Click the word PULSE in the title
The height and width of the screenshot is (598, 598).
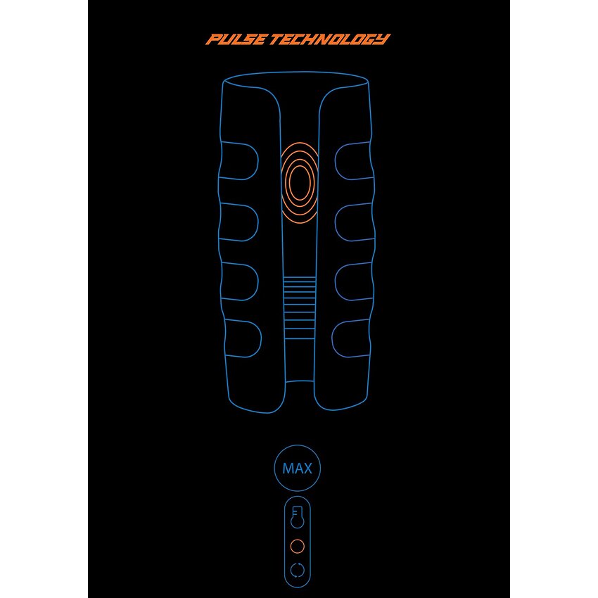[x=236, y=39]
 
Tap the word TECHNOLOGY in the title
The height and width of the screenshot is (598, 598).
[x=330, y=39]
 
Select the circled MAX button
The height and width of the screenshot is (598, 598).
[x=298, y=468]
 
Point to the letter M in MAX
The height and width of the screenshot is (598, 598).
[x=288, y=469]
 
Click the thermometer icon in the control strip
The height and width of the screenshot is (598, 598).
[x=297, y=517]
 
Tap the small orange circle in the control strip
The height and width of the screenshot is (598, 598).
[x=298, y=546]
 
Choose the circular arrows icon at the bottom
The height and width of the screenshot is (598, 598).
[x=298, y=571]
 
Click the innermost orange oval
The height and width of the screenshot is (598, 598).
[x=300, y=182]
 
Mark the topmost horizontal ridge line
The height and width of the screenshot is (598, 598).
[x=300, y=278]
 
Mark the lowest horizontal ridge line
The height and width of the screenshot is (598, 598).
[x=300, y=338]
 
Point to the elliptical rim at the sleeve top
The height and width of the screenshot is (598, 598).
[x=296, y=72]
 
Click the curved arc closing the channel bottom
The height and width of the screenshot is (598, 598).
[x=300, y=381]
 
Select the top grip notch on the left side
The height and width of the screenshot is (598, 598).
[x=258, y=160]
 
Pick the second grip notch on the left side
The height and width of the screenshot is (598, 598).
[x=258, y=222]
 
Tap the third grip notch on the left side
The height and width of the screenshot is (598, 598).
[x=258, y=282]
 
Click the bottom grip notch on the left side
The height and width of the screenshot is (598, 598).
[x=261, y=338]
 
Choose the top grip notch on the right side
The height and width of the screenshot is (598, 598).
[x=336, y=160]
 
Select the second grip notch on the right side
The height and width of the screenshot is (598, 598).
[x=336, y=222]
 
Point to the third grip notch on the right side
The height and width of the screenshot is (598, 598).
[x=336, y=282]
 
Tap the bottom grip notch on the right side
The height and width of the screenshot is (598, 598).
[x=332, y=338]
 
